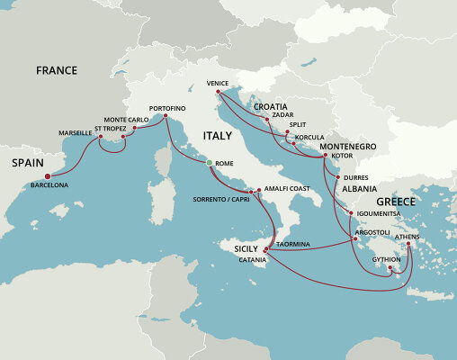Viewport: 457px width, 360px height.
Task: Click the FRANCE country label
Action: [56, 70]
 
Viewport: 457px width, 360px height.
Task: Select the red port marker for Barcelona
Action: [48, 176]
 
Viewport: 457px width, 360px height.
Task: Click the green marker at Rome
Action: [209, 163]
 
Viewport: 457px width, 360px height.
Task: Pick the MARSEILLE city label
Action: [75, 132]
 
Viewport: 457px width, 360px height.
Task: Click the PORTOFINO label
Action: [167, 108]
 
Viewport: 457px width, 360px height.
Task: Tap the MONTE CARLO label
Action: [126, 120]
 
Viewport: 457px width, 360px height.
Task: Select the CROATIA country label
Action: [271, 106]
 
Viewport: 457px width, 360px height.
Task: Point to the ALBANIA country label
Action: [360, 190]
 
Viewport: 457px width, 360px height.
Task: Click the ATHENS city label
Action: [407, 237]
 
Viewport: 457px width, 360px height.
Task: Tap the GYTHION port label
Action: [387, 259]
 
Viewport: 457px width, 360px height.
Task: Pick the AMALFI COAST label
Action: [286, 189]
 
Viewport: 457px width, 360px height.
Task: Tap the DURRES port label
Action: [357, 178]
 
